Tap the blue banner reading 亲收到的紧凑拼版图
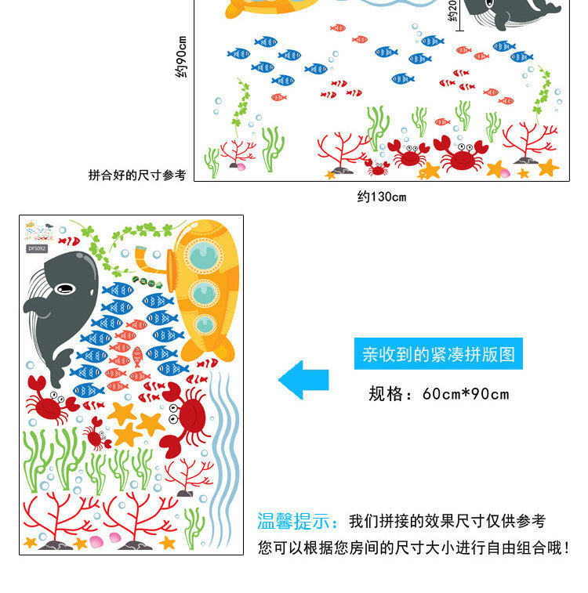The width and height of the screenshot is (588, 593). pyautogui.click(x=438, y=354)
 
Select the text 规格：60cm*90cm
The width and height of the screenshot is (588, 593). pyautogui.click(x=439, y=393)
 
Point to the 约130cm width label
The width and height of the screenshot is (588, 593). pyautogui.click(x=382, y=197)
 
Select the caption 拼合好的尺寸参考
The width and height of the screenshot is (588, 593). pyautogui.click(x=137, y=175)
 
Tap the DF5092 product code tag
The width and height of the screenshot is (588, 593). pyautogui.click(x=37, y=248)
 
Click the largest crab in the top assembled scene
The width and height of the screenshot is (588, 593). pyautogui.click(x=461, y=154)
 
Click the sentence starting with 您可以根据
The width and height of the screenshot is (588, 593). pyautogui.click(x=413, y=547)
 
